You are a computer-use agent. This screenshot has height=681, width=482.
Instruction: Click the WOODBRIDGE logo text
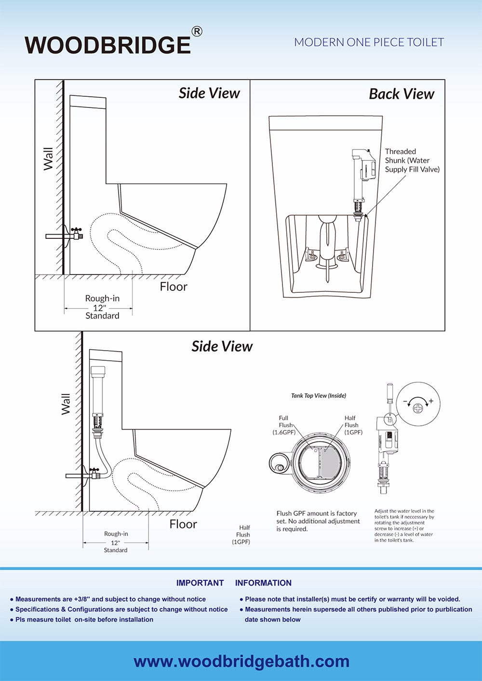click(x=107, y=45)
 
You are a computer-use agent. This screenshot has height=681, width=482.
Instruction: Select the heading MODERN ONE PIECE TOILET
click(x=369, y=42)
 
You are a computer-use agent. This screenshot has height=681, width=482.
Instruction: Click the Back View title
click(x=402, y=94)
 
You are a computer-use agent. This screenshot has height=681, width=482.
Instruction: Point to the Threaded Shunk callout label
click(x=412, y=160)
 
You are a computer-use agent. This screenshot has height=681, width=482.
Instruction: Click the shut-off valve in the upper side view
click(x=76, y=234)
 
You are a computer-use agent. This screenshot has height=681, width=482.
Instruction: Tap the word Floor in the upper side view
click(x=174, y=287)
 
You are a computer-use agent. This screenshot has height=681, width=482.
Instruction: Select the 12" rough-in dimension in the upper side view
click(x=99, y=307)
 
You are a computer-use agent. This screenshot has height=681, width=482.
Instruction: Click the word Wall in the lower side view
click(x=66, y=404)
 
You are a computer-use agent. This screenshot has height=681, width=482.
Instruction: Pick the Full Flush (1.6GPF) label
click(x=284, y=425)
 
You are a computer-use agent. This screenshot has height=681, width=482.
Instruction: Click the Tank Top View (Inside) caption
click(x=319, y=396)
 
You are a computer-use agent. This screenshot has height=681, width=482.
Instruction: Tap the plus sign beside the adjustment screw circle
click(x=430, y=401)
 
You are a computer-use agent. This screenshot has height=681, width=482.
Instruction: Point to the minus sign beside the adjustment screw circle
click(x=404, y=401)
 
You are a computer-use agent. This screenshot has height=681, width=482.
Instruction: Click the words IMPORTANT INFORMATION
click(x=234, y=583)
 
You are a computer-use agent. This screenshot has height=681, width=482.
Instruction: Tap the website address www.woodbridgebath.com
click(x=241, y=661)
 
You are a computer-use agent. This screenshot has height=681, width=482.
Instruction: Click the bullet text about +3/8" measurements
click(x=110, y=599)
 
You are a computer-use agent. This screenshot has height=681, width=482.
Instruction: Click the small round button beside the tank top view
click(x=278, y=468)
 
